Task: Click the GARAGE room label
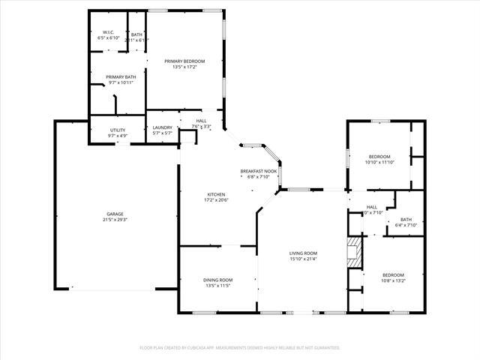click(x=115, y=214)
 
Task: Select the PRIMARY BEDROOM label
click(x=184, y=61)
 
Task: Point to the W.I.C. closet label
click(x=107, y=32)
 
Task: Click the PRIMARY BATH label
click(x=120, y=76)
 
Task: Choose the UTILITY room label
click(x=118, y=130)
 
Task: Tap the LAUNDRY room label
click(x=163, y=127)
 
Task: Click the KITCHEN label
click(x=216, y=194)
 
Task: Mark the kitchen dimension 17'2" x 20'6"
click(x=216, y=200)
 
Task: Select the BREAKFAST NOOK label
click(x=259, y=171)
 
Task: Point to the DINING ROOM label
click(x=217, y=280)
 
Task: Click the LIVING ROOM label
click(x=304, y=253)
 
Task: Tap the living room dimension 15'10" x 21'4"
click(x=304, y=259)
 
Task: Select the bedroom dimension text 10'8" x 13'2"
click(x=393, y=281)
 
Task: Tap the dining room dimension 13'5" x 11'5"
click(x=217, y=286)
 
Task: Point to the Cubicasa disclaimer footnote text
click(x=240, y=348)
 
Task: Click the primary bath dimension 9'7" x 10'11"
click(x=120, y=82)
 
